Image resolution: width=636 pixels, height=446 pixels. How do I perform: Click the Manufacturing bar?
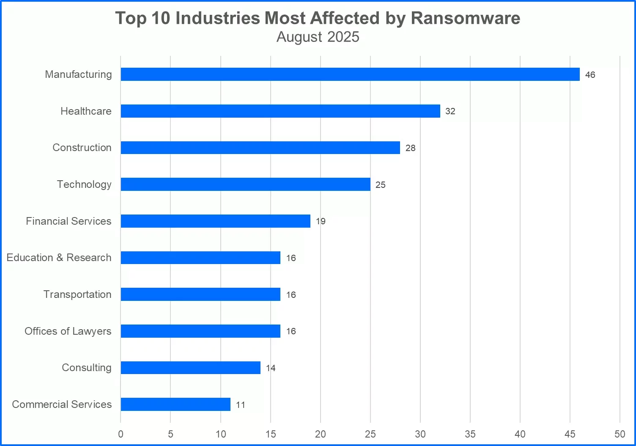tap(350, 74)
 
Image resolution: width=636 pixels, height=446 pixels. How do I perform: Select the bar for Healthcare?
tap(280, 111)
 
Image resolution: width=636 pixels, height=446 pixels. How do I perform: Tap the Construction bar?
tap(260, 148)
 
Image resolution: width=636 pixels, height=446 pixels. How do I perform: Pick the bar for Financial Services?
tap(216, 221)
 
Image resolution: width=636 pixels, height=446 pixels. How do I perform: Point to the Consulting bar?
tap(191, 368)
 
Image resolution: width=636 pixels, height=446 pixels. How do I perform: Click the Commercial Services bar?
tap(175, 404)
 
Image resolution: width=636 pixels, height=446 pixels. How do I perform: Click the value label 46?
tap(590, 75)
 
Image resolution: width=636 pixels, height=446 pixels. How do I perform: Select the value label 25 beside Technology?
tap(381, 185)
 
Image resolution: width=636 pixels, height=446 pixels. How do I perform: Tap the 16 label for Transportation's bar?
tap(291, 295)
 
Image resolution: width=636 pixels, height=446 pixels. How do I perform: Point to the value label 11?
tap(241, 405)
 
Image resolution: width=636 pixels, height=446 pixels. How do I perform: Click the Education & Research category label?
tap(59, 257)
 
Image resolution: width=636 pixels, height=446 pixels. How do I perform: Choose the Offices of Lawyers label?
tap(68, 331)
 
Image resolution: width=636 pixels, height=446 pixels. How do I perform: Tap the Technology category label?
tap(84, 184)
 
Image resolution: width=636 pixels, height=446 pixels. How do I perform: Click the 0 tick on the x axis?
tap(121, 434)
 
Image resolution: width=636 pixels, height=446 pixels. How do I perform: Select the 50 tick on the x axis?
tap(620, 434)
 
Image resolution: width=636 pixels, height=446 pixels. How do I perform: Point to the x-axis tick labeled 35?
tap(470, 434)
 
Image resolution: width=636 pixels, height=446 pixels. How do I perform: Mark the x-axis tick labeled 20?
tap(321, 434)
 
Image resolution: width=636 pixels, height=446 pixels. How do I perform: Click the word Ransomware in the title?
tap(465, 18)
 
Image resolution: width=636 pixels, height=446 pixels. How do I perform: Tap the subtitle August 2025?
tap(318, 37)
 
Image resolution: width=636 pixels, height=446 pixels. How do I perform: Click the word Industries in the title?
tap(218, 18)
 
